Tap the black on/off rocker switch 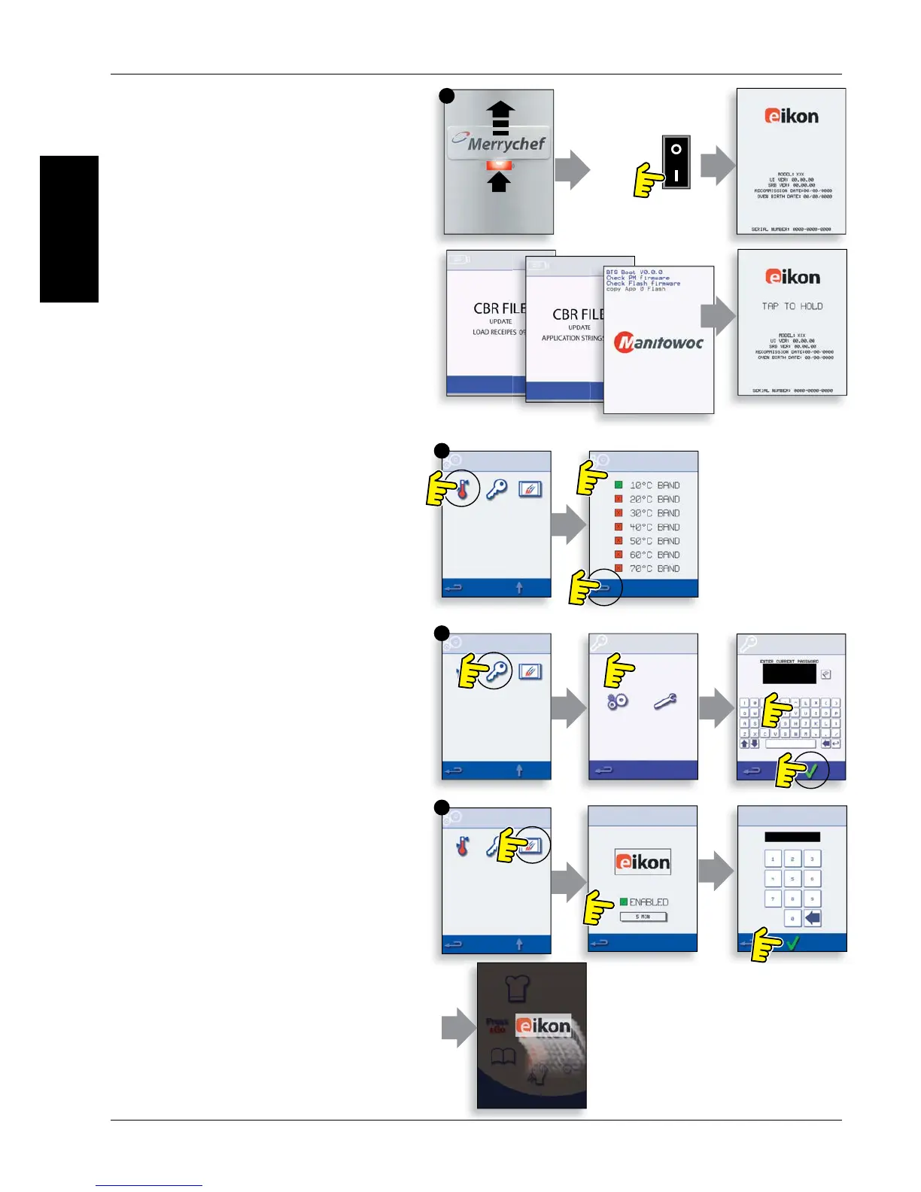click(x=676, y=162)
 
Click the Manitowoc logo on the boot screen click(x=659, y=343)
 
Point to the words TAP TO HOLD click(x=792, y=306)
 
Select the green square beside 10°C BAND click(x=619, y=485)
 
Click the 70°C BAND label click(x=654, y=569)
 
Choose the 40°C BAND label click(x=654, y=528)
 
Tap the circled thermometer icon click(x=463, y=491)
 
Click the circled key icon click(x=497, y=670)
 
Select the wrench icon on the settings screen click(x=664, y=701)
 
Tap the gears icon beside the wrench click(x=618, y=701)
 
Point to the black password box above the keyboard click(x=789, y=674)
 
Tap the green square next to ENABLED click(x=624, y=902)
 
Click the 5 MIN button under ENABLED click(x=643, y=917)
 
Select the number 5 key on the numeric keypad click(x=792, y=878)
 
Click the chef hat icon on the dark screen click(x=518, y=987)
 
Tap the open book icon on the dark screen click(x=503, y=1057)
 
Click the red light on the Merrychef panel click(x=499, y=165)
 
